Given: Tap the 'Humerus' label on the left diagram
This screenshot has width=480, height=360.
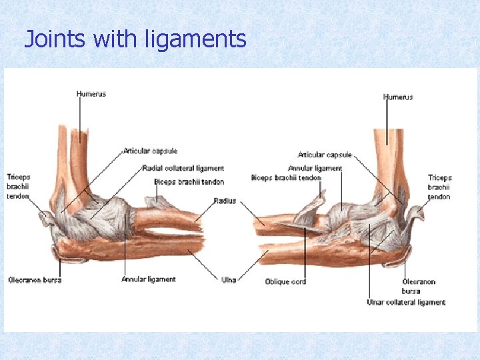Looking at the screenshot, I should point(91,94).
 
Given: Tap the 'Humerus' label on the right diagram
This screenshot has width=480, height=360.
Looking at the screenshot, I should point(398,97).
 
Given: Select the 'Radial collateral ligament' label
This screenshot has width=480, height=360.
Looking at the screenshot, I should point(183,169).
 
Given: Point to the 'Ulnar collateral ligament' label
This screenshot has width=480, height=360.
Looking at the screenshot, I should point(406,302).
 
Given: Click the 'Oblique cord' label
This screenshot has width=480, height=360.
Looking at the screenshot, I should point(285,281).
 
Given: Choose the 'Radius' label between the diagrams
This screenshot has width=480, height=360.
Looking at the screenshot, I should point(225,201).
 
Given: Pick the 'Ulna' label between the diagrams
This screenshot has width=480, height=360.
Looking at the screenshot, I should point(229,280).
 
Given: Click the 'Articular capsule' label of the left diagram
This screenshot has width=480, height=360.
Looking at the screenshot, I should point(150,151).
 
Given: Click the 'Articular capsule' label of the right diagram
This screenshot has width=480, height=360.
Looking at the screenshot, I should point(325,155).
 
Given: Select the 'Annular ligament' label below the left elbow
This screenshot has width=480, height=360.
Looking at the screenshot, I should point(148,279).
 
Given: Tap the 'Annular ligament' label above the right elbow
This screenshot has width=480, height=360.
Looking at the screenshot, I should point(315,168).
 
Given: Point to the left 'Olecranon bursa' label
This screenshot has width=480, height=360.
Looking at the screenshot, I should point(35,280).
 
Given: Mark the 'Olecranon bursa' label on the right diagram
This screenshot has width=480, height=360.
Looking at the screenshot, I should point(418,286).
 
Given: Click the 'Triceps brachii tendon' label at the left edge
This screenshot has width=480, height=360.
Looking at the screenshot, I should point(19,187).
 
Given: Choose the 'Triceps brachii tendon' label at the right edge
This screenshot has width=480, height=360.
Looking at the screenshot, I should point(439,187).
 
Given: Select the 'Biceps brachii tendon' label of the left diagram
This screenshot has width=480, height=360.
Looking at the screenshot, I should point(189,182).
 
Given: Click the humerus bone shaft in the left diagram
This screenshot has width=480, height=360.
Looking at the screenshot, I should point(78,160).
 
